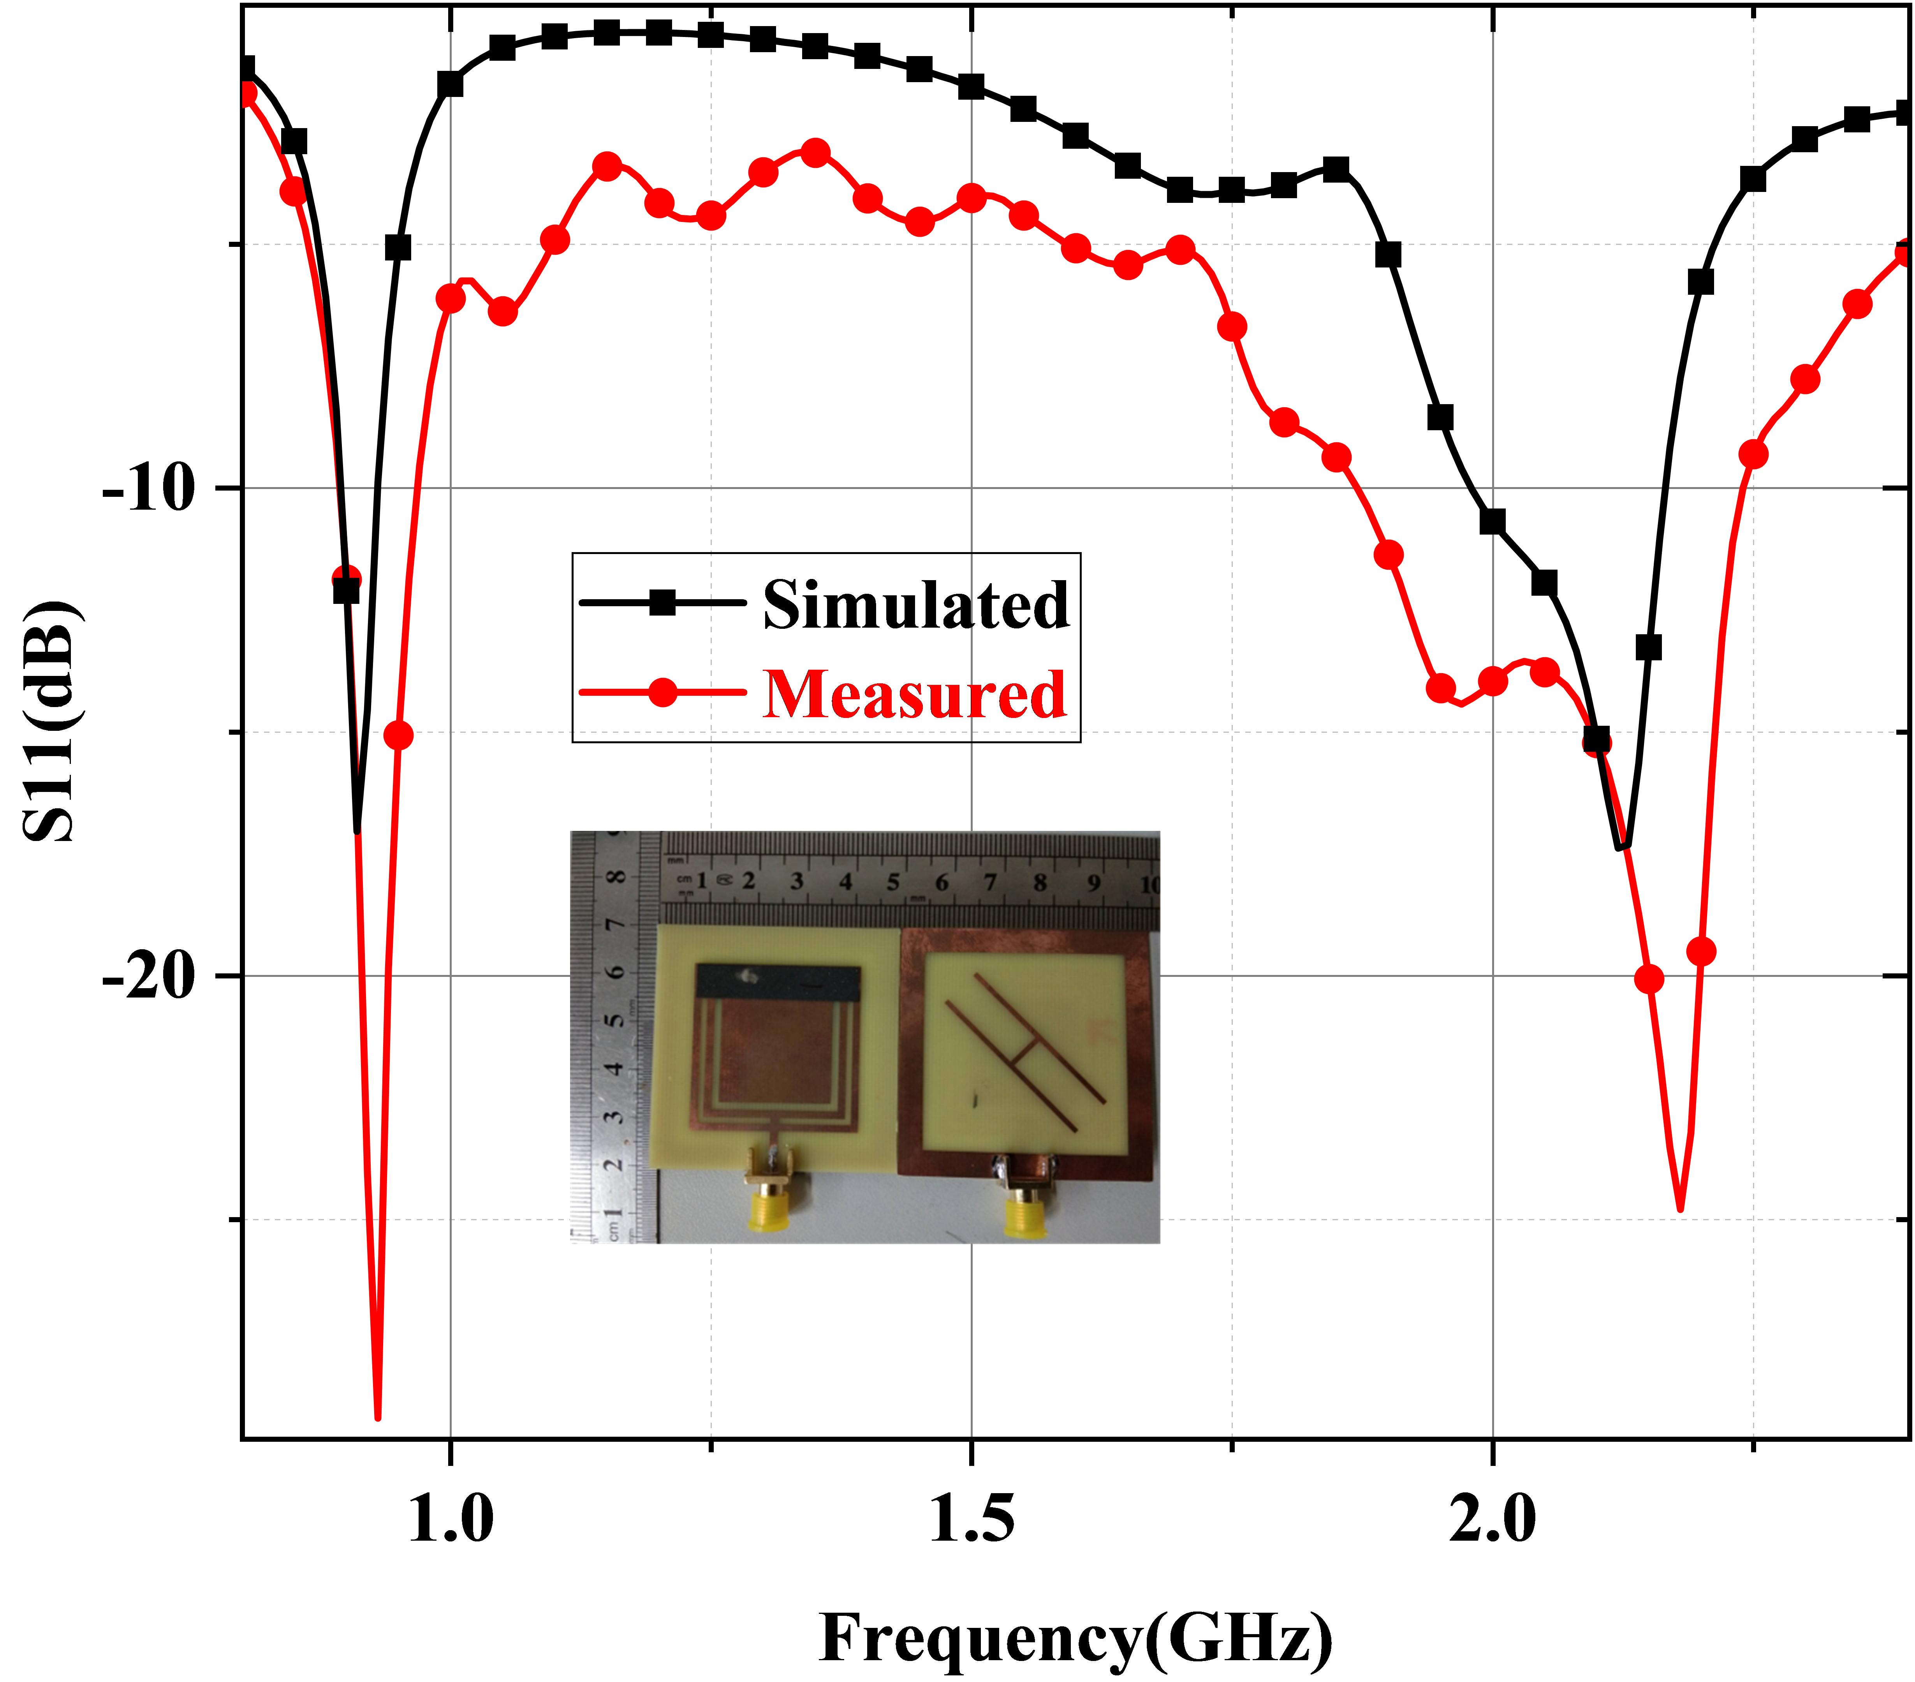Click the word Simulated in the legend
pos(915,604)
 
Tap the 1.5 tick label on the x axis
pos(972,1518)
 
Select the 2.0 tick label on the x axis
pos(1493,1518)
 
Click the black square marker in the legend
pos(662,602)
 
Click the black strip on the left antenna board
pos(778,982)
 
